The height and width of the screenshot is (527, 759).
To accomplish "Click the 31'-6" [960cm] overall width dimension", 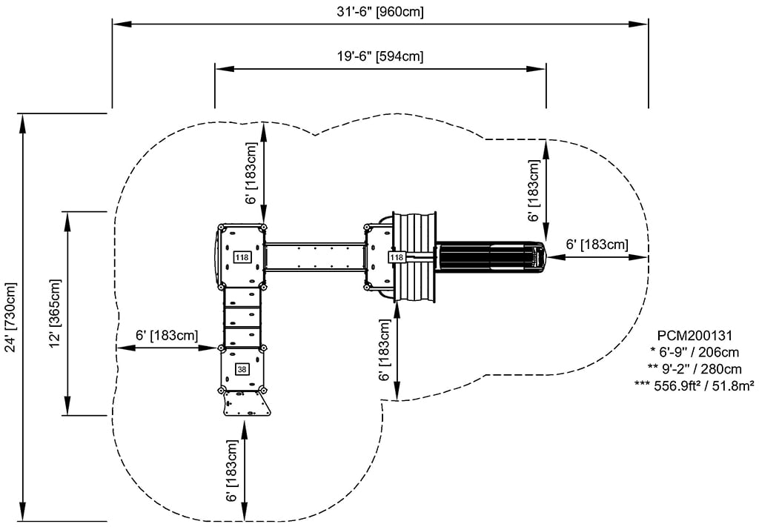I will [x=379, y=11].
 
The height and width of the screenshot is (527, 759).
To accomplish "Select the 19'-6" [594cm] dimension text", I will [x=379, y=56].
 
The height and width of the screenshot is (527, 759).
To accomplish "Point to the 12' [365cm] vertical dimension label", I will [x=54, y=314].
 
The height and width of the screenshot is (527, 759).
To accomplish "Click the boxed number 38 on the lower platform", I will [x=242, y=368].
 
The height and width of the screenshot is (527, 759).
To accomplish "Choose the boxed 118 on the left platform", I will [x=242, y=256].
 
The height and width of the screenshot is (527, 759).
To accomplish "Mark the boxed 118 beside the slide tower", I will [x=397, y=257].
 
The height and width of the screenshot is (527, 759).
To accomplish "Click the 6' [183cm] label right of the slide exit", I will [x=597, y=244].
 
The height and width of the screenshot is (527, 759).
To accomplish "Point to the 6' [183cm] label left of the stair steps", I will [x=167, y=335].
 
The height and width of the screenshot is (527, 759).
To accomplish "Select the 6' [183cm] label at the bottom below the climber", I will [x=233, y=471].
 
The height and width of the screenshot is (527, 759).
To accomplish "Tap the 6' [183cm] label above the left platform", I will [x=253, y=174].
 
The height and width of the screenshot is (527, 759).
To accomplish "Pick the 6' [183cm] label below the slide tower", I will [x=385, y=351].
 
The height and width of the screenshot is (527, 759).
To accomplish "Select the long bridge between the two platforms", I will [x=315, y=256].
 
